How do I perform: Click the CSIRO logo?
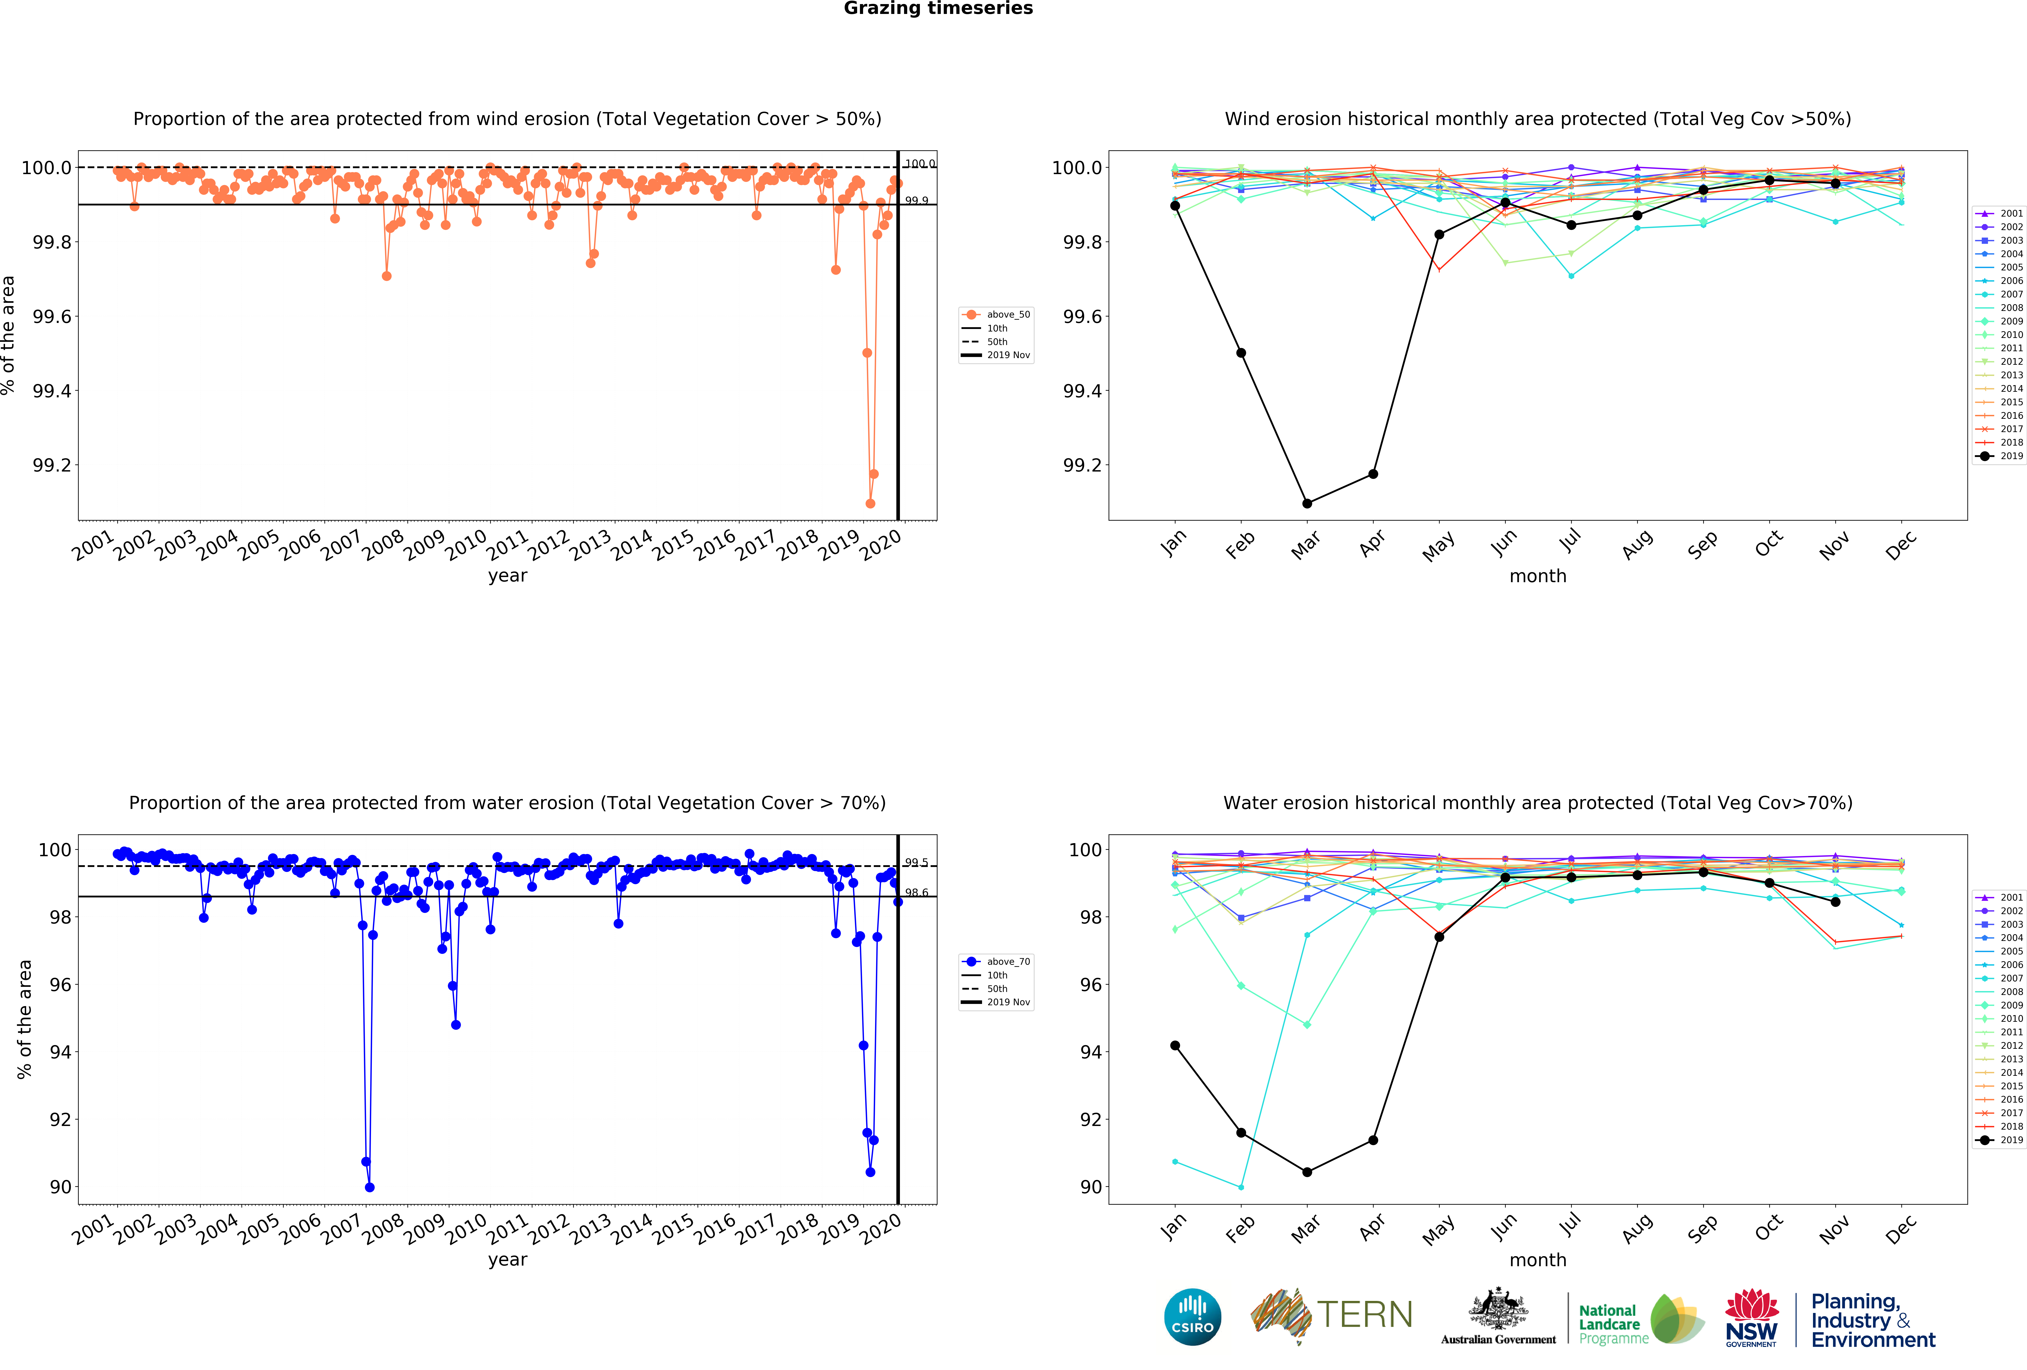[x=1192, y=1317]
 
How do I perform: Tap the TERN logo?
[x=1332, y=1315]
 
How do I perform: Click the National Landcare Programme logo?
[x=1640, y=1319]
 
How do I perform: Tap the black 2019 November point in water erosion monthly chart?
[x=1835, y=902]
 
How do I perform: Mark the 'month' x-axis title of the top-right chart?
[x=1538, y=576]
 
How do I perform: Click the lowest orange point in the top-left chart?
[x=870, y=503]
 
